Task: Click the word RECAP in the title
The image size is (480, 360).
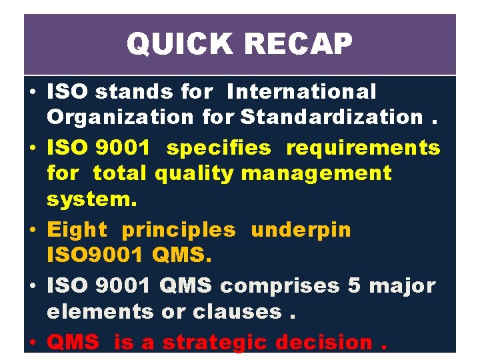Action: pyautogui.click(x=297, y=45)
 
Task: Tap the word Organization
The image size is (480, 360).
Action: pyautogui.click(x=120, y=117)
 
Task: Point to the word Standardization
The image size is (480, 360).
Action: pyautogui.click(x=331, y=117)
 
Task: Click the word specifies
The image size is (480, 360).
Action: pyautogui.click(x=219, y=148)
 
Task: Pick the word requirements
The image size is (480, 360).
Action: pyautogui.click(x=363, y=148)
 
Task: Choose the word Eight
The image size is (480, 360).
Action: pyautogui.click(x=77, y=230)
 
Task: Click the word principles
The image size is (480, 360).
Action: pyautogui.click(x=178, y=230)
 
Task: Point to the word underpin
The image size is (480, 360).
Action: pyautogui.click(x=301, y=230)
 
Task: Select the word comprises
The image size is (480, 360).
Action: pyautogui.click(x=279, y=286)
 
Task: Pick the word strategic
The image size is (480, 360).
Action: pyautogui.click(x=214, y=343)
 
